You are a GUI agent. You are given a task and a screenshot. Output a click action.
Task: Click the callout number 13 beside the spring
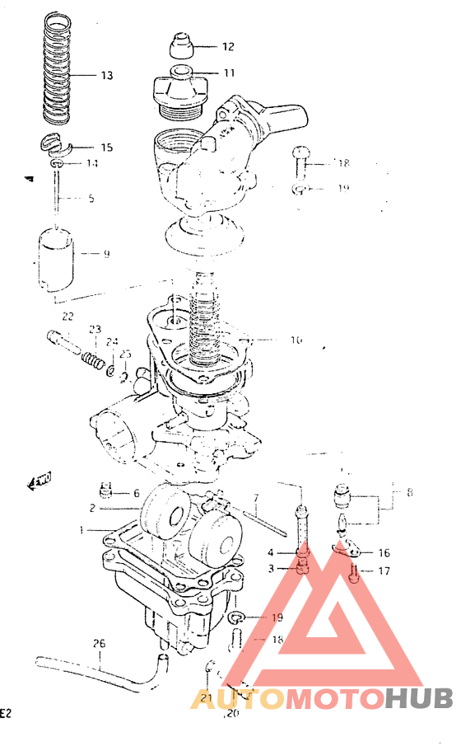106,76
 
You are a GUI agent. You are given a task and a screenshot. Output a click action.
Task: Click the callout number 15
106,148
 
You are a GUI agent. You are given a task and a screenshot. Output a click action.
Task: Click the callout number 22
68,317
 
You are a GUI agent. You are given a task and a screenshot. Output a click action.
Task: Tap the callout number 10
272,339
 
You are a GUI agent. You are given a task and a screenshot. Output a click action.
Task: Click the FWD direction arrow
40,481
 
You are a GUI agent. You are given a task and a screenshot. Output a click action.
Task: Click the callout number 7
256,498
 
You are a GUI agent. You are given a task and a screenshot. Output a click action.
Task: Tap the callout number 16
384,552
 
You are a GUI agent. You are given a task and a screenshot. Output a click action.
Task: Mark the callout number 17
384,570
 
